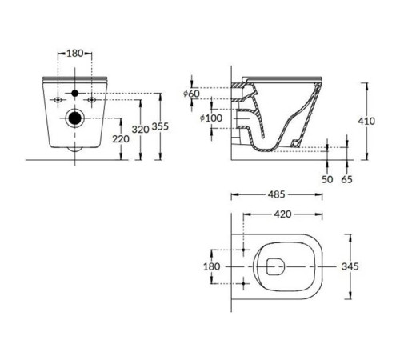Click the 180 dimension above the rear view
74,53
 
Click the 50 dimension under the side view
326,180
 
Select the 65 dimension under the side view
346,180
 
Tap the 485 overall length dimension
277,194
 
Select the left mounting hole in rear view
58,100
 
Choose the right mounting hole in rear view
92,100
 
